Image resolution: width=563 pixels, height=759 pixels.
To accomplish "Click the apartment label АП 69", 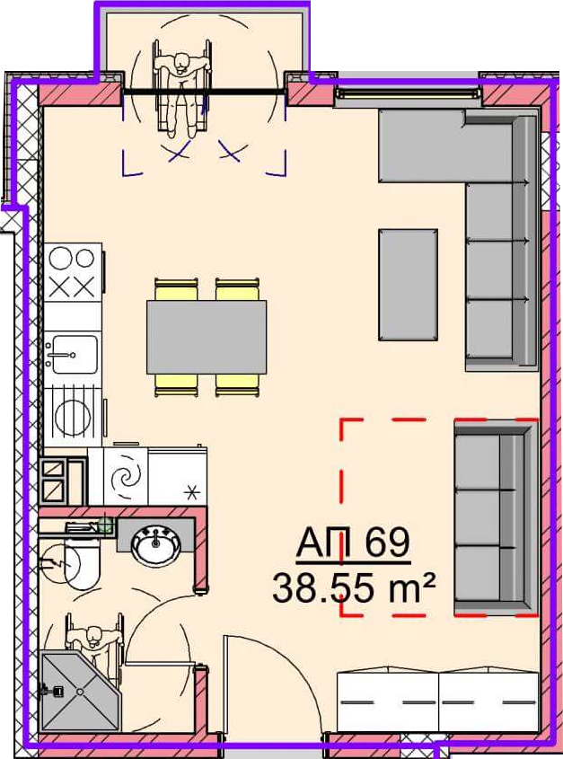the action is (353, 543).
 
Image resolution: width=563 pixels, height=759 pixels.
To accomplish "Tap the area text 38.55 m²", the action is (354, 587).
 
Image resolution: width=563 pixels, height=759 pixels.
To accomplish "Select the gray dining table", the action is (207, 337).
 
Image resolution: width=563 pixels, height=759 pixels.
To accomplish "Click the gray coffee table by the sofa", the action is (408, 285).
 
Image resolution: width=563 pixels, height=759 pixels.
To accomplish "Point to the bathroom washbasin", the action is (156, 546).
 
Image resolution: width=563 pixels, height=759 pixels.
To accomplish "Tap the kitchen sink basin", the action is (74, 354).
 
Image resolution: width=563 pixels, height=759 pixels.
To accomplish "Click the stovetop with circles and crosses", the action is (73, 272).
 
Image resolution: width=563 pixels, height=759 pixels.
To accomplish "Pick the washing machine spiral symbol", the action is (126, 477).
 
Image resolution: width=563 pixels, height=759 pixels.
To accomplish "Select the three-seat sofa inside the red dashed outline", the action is (496, 518).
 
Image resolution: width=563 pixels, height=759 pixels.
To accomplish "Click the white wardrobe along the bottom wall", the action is (437, 701).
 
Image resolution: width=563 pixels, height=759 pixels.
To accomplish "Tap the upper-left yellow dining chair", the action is (176, 289).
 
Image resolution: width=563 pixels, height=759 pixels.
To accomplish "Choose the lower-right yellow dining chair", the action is (237, 385).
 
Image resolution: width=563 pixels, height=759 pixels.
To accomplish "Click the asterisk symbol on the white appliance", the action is (193, 493).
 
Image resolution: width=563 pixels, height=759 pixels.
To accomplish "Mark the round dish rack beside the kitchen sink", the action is (73, 411).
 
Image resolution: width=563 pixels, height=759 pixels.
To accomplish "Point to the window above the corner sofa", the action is (409, 93).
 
